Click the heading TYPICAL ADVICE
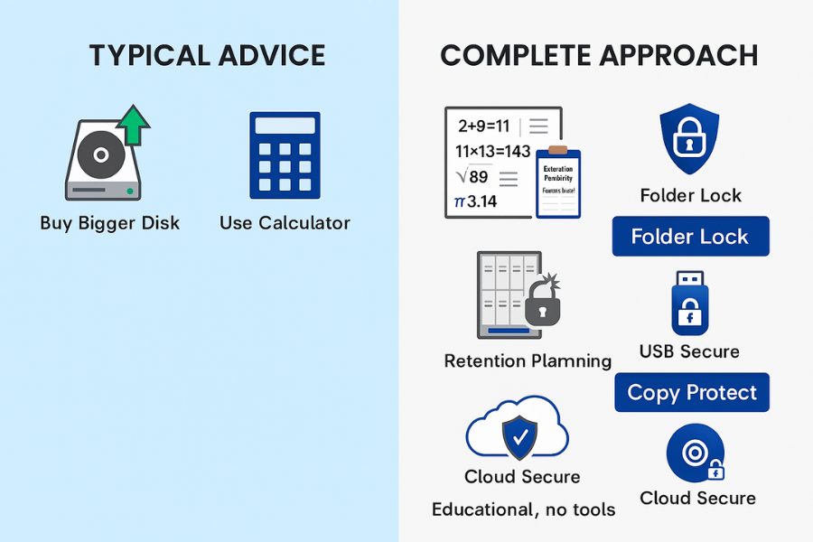tap(207, 56)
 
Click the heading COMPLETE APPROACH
tap(599, 56)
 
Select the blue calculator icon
tap(285, 154)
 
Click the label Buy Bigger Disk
tap(110, 223)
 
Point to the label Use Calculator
tap(285, 223)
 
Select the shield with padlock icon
tap(690, 140)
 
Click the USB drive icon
tap(690, 302)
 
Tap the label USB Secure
tap(689, 351)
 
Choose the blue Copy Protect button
tap(692, 393)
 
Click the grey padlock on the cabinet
tap(542, 304)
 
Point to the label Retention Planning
tap(528, 361)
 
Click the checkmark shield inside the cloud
tap(519, 437)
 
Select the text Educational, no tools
tap(523, 509)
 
